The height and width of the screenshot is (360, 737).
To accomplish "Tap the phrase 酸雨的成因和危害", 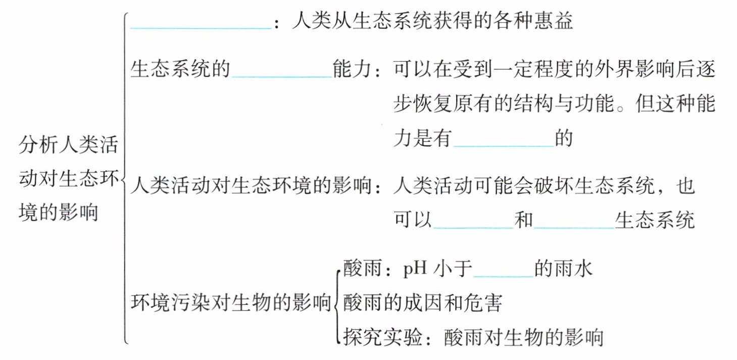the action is (x=422, y=303).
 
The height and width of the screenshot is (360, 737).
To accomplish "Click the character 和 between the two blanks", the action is (x=523, y=222).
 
